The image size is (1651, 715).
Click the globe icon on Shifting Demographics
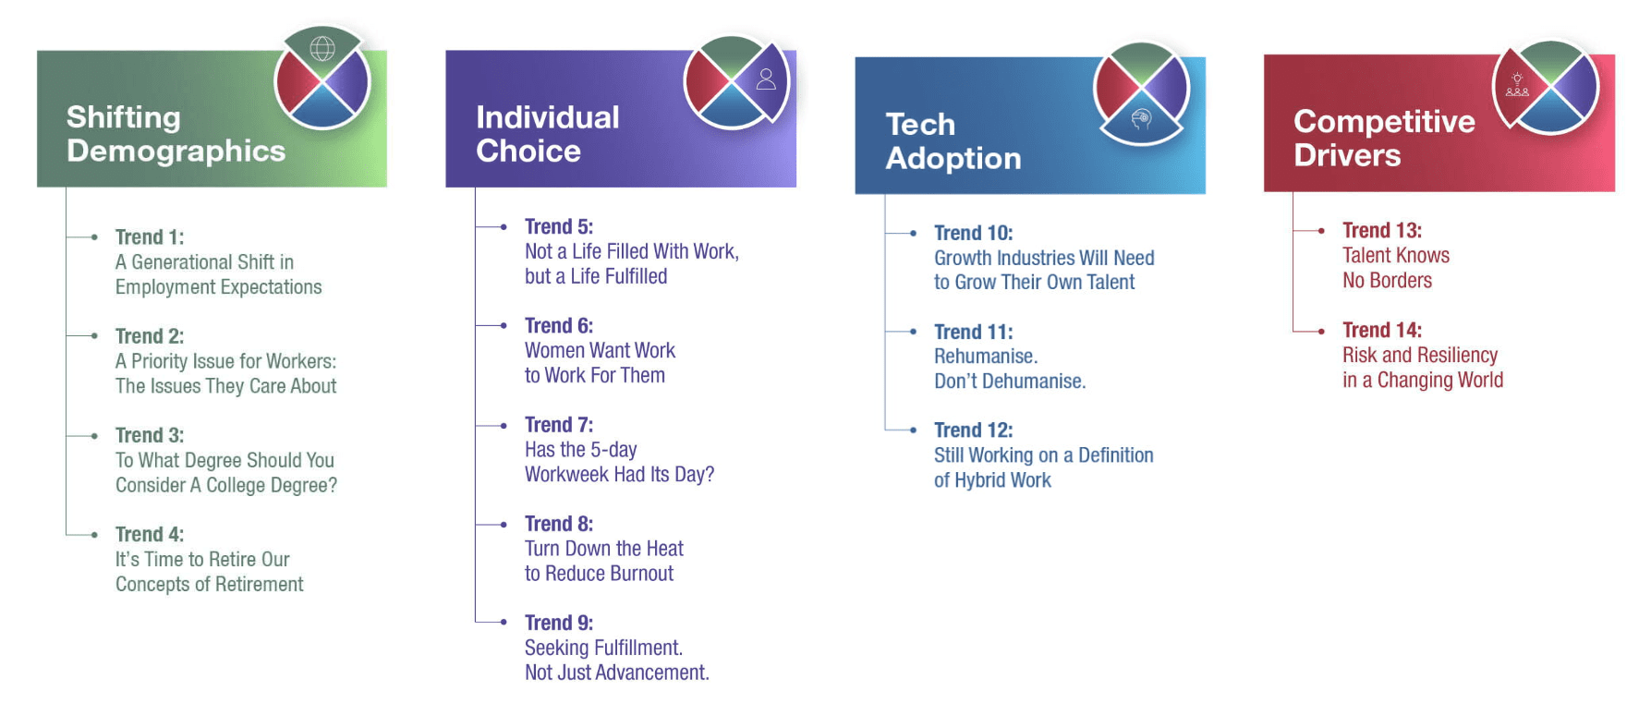(322, 48)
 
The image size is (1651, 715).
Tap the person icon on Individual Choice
(766, 79)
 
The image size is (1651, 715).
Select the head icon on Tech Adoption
(1142, 118)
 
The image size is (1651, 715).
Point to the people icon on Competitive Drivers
(1517, 85)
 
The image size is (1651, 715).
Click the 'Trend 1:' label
(150, 237)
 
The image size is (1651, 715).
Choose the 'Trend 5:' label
(559, 226)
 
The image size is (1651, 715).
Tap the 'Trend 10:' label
(973, 233)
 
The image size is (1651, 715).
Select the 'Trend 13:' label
(1382, 230)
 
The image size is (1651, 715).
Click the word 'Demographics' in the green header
(176, 151)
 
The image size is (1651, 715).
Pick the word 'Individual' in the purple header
(548, 117)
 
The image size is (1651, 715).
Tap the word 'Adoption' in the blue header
(953, 158)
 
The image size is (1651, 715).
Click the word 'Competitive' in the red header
(1384, 121)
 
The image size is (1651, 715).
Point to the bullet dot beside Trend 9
(504, 622)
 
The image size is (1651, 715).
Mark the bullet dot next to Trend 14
(1321, 330)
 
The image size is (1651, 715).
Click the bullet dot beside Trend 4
(94, 534)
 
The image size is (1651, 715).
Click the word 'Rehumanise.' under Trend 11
(986, 357)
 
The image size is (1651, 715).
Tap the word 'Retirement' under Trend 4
(259, 585)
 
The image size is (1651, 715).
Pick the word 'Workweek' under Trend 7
(567, 475)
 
